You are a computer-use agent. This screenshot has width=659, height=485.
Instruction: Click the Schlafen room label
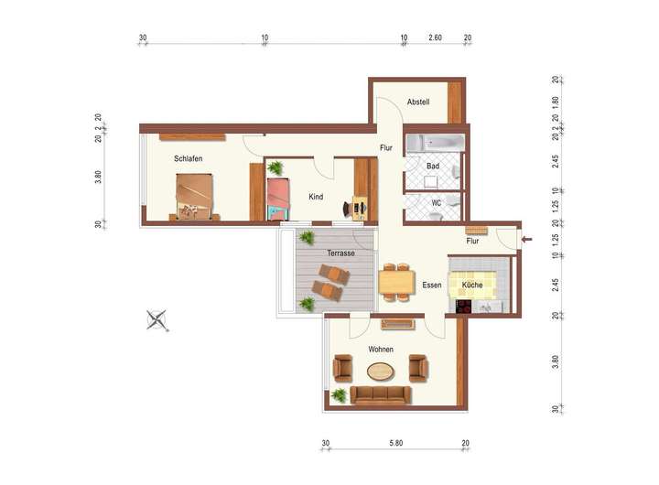point(189,158)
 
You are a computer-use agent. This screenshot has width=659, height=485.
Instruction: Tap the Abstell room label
point(418,102)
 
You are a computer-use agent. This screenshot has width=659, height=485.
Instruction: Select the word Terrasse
point(340,253)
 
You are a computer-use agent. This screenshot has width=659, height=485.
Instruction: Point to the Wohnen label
point(381,350)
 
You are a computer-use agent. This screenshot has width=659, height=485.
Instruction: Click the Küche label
point(472,285)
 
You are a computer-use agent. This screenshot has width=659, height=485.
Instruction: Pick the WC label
point(437,203)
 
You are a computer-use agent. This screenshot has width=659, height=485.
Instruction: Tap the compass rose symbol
point(157,320)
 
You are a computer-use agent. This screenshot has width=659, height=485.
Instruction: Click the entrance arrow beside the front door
point(526,240)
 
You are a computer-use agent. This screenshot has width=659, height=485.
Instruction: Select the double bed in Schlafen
point(194,196)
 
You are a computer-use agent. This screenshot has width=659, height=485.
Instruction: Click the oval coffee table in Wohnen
point(381,372)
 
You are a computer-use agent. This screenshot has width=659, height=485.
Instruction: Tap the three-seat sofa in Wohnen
point(381,395)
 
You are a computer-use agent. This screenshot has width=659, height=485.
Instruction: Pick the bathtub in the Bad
point(435,143)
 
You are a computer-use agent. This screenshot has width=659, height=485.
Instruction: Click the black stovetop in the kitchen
point(464,307)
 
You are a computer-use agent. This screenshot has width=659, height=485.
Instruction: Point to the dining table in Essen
point(396,282)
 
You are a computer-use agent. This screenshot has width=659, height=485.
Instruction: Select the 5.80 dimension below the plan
point(396,443)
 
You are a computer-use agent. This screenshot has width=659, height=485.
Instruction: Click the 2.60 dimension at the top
point(435,38)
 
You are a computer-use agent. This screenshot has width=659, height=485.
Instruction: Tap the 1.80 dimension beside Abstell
point(556,102)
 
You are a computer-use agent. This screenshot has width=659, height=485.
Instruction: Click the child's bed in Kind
point(278,199)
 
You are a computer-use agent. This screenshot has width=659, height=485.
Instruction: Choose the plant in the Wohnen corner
point(339,395)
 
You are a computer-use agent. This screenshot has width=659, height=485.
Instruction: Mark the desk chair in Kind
point(349,209)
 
